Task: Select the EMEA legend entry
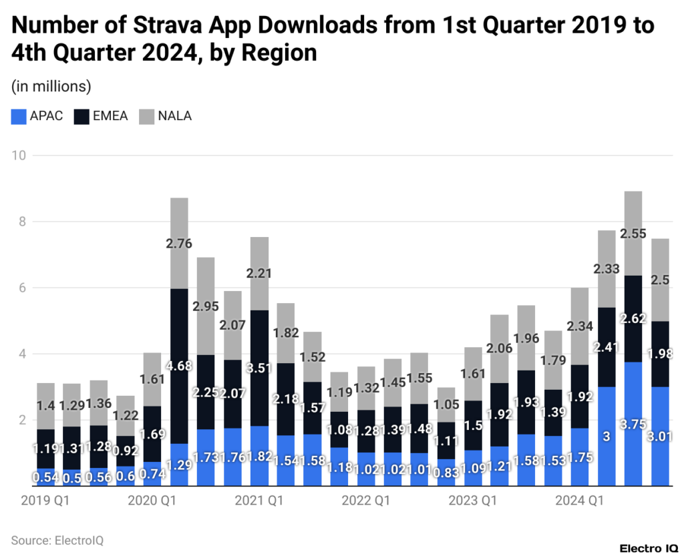(101, 116)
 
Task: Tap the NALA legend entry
(165, 116)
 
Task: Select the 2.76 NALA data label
(179, 244)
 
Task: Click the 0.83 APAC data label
(446, 473)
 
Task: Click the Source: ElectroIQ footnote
(57, 540)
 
